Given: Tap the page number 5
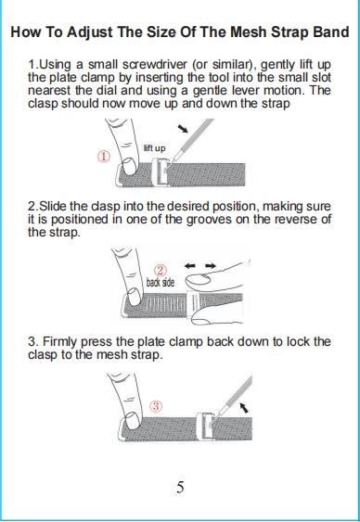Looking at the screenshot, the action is click(180, 487).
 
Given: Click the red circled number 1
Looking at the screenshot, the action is click(104, 156).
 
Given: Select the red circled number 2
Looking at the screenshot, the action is click(161, 271).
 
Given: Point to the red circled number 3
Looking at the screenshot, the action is click(157, 406).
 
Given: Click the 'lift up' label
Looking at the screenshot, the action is click(154, 147).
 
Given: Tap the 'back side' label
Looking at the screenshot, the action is click(161, 282).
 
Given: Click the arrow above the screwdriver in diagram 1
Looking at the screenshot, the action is click(183, 129).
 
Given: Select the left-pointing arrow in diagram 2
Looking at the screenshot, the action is click(190, 266).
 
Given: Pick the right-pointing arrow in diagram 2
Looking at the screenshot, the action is click(210, 266).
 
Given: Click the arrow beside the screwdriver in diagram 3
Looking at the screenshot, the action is click(245, 407).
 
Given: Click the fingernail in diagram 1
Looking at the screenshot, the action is click(129, 166).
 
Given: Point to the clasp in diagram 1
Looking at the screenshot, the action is click(160, 172).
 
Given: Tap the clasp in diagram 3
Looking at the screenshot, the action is click(204, 427).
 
